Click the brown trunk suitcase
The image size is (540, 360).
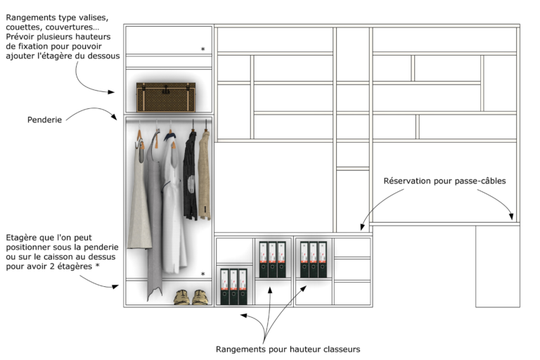(166, 97)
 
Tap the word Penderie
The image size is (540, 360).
(44, 120)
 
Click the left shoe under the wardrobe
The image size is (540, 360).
(182, 297)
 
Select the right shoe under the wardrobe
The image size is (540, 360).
(200, 297)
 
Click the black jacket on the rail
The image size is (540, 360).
(190, 175)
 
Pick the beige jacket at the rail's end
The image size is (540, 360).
(205, 175)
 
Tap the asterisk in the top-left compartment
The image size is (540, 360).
(202, 49)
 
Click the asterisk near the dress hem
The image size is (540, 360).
(202, 274)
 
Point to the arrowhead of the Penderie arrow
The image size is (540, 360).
(114, 117)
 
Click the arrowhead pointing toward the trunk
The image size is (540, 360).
(111, 92)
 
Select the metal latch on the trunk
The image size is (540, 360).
(166, 89)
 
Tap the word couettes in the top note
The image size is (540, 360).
(24, 27)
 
